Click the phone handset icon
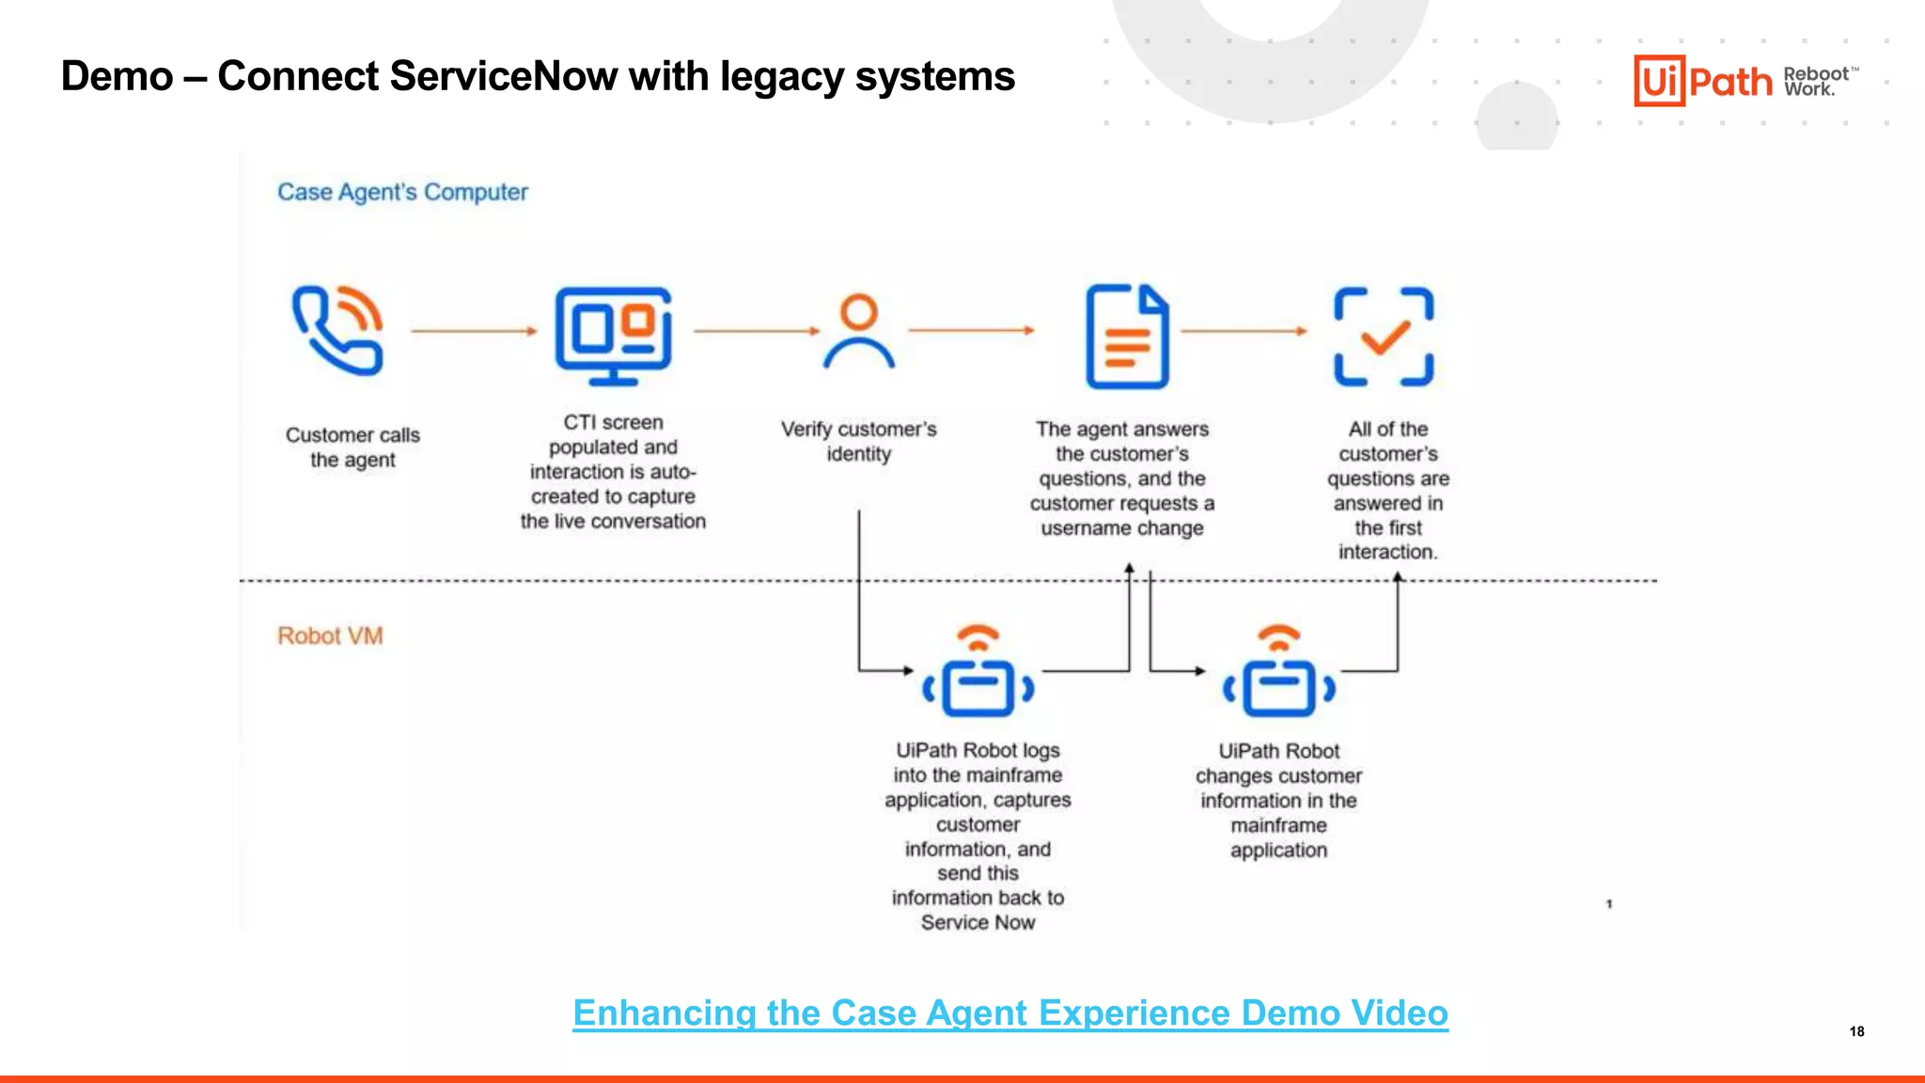(336, 331)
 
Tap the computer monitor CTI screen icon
(613, 336)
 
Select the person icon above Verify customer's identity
(859, 332)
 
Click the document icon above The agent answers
(1127, 337)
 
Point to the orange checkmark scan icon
(1384, 337)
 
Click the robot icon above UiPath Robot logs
(978, 673)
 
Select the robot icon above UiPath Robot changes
(1278, 673)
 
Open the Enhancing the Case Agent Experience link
(1010, 1013)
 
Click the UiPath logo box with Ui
(1659, 81)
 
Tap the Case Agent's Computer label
(402, 192)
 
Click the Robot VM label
(330, 636)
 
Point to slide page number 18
(1856, 1031)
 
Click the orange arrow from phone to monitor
(474, 331)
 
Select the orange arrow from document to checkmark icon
(1244, 331)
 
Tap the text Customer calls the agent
(352, 447)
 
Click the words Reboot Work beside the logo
(1816, 82)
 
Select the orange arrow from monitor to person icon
(757, 331)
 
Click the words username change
(1121, 528)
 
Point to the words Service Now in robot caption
(978, 923)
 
